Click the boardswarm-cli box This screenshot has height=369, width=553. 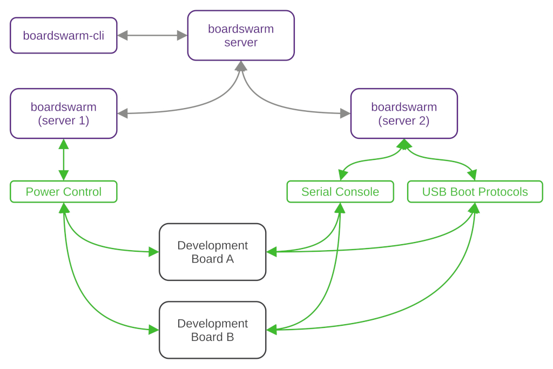point(63,36)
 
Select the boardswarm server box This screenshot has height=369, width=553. point(241,36)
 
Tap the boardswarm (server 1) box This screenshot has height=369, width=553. point(63,113)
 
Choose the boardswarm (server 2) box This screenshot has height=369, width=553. point(404,113)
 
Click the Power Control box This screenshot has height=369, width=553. point(63,192)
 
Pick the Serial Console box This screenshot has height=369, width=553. point(340,192)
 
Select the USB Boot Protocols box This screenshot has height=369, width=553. point(475,192)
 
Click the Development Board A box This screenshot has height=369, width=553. point(212,252)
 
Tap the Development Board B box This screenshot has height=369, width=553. point(212,330)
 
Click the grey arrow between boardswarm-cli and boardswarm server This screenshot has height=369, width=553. point(152,36)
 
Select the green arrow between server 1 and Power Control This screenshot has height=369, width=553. point(64,160)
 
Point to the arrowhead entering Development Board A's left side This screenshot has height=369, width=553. point(153,251)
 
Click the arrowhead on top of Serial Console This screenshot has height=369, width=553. point(342,175)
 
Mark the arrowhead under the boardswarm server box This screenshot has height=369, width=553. point(241,66)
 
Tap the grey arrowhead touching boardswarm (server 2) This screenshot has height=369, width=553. point(345,113)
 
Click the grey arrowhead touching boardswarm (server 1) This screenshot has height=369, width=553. point(123,113)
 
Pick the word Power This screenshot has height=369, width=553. point(41,192)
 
